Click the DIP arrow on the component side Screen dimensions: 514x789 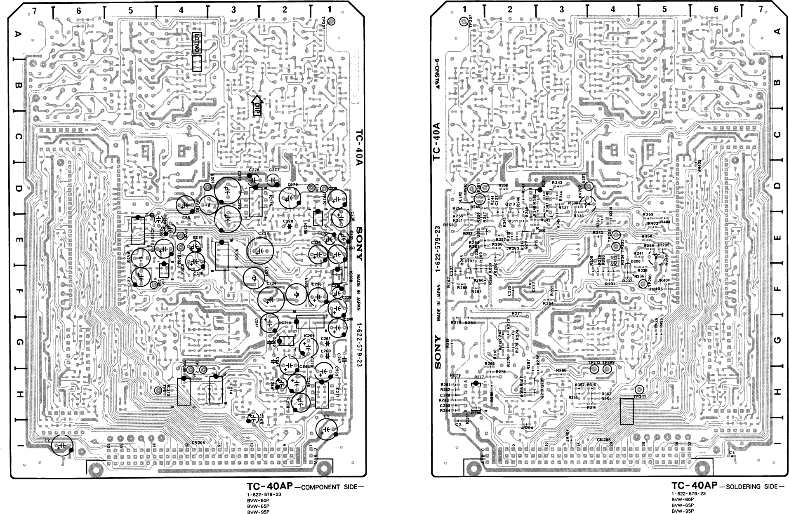click(x=257, y=107)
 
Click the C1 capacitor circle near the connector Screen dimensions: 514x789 click(x=327, y=430)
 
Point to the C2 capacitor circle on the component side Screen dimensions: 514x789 click(x=62, y=446)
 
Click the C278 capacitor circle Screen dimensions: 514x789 click(x=291, y=198)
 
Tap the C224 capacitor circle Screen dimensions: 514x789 click(x=271, y=300)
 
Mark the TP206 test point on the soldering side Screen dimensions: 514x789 click(x=643, y=284)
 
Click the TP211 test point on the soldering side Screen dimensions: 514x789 click(x=639, y=390)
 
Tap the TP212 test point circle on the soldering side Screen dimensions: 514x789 click(x=594, y=369)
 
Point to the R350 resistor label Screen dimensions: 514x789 click(x=503, y=185)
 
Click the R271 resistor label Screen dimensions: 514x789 click(x=517, y=314)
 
